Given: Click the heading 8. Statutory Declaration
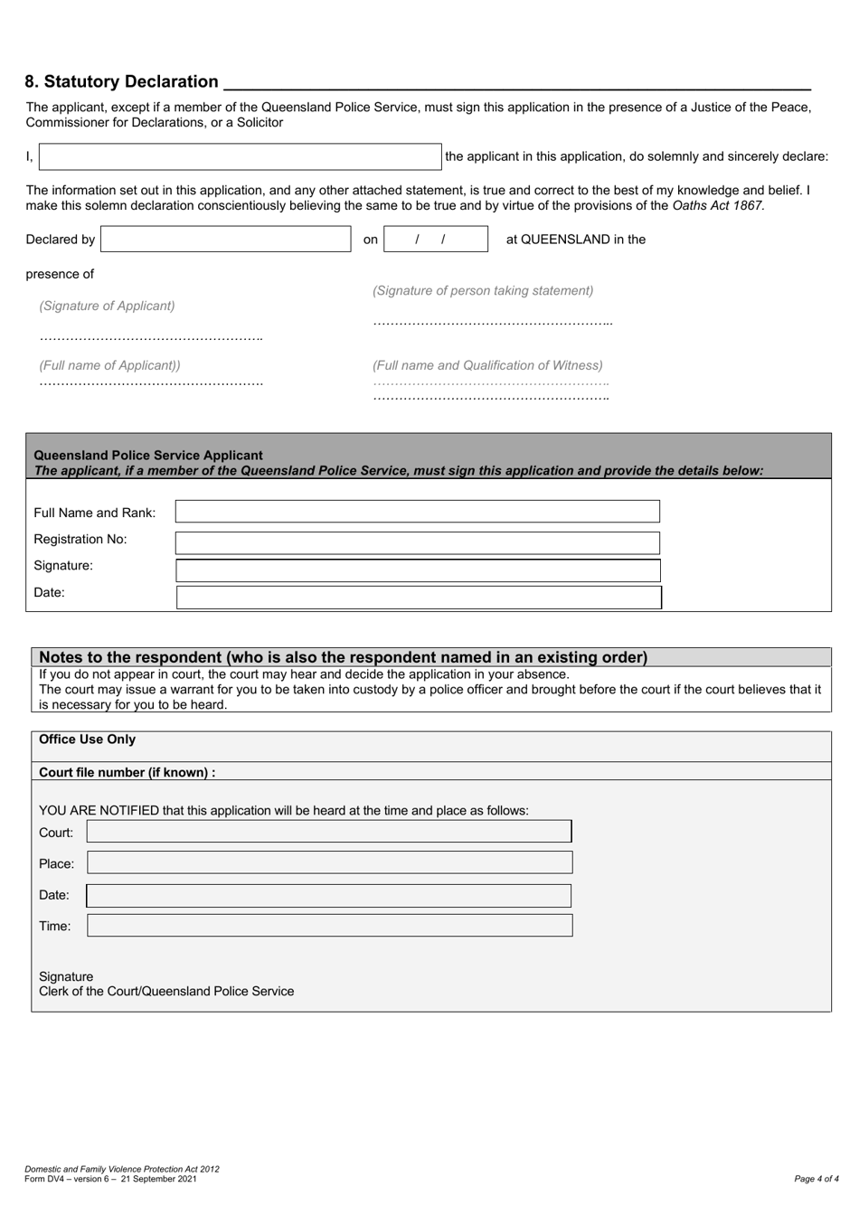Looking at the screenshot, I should click(122, 82).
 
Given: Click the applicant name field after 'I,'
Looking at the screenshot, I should click(240, 156).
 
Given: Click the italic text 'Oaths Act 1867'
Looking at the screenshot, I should click(717, 205).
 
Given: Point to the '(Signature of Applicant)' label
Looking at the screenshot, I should click(107, 306).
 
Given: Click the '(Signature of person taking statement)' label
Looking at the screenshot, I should click(483, 291).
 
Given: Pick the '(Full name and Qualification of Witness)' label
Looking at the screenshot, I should click(487, 365).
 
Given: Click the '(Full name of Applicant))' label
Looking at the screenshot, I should click(109, 365).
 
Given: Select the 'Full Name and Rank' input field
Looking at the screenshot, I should click(417, 512).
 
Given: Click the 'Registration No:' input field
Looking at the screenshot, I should click(417, 542).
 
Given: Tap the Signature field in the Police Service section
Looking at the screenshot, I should click(417, 570).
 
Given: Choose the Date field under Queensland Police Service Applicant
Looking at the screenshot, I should click(419, 597).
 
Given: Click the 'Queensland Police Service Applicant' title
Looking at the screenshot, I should click(148, 456).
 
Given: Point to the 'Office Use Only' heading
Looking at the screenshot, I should click(87, 739).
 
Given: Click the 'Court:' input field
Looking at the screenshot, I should click(329, 832).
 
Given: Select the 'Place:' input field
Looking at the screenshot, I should click(329, 862).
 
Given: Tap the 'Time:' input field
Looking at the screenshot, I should click(329, 925).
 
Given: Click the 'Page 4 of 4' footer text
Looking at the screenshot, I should click(816, 1179).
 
